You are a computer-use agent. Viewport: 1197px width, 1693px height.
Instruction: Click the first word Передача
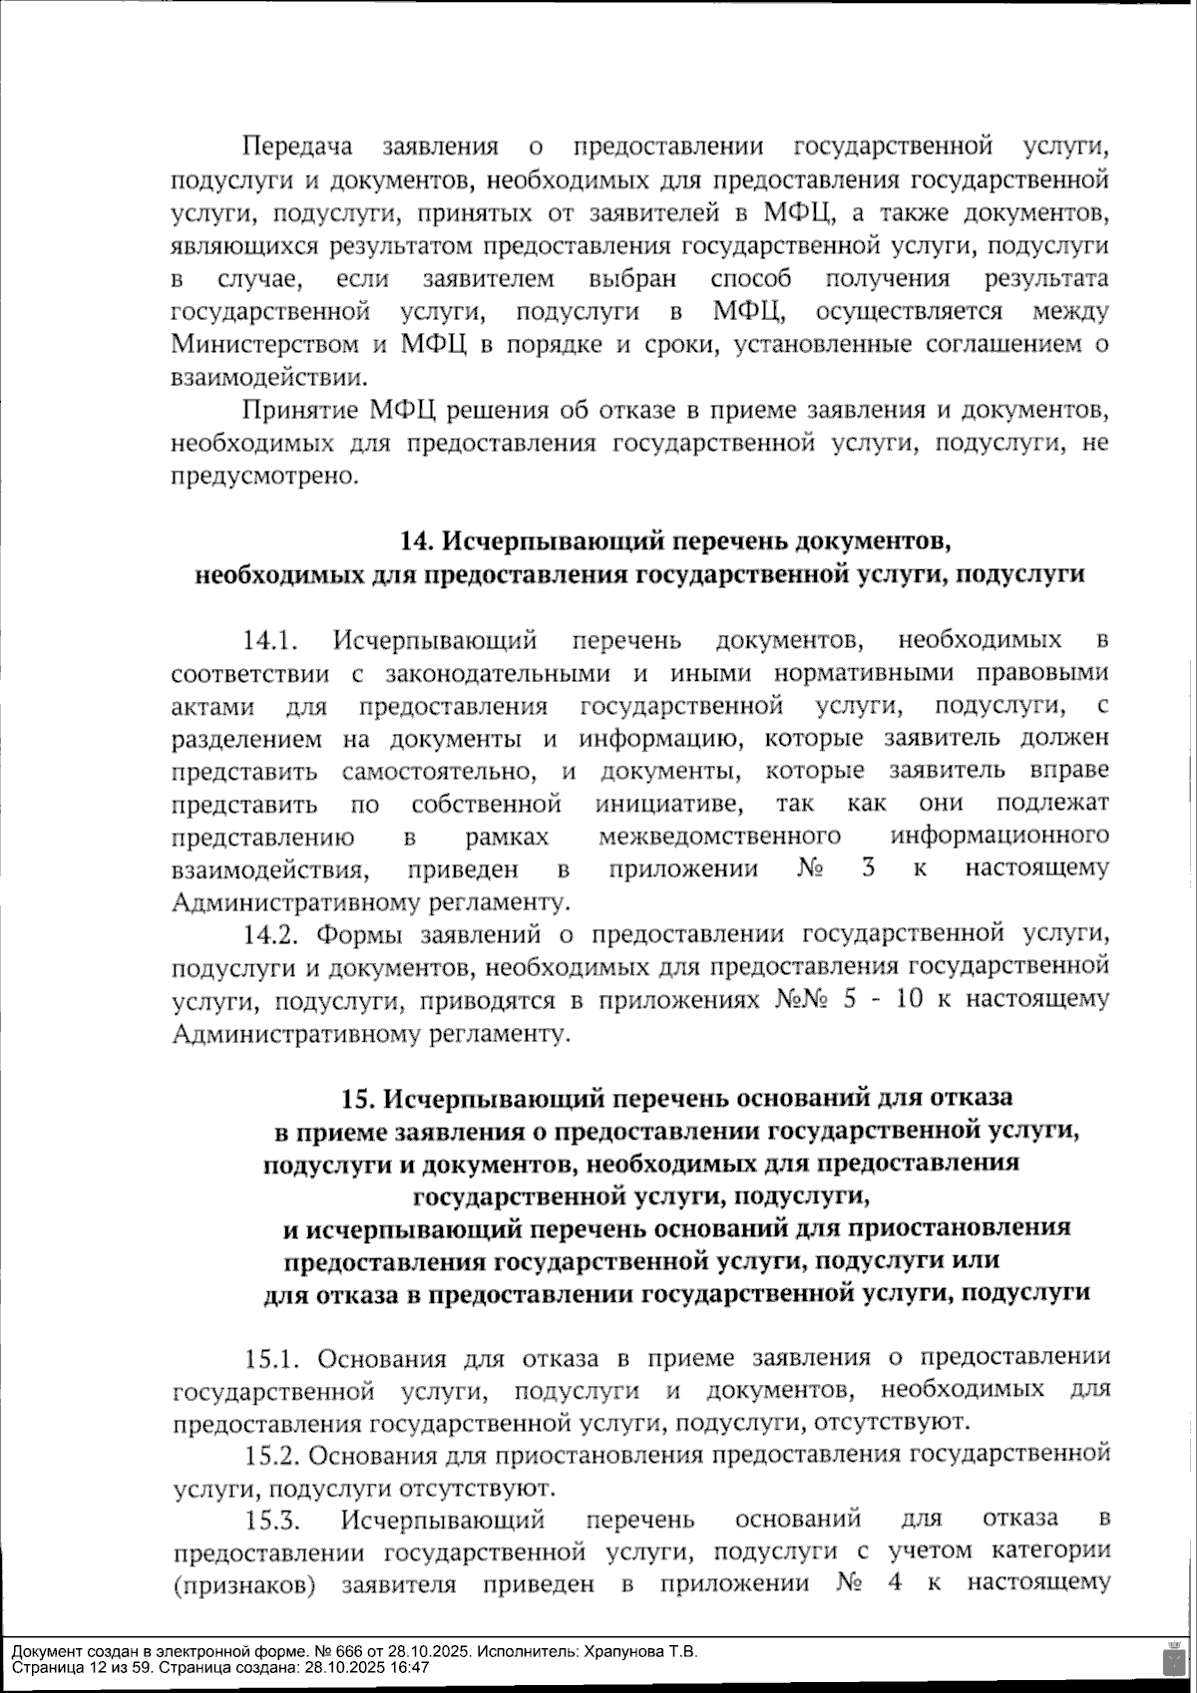coord(298,148)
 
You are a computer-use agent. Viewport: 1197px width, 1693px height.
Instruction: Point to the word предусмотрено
coord(264,477)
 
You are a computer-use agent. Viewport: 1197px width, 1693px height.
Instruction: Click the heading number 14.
coord(415,541)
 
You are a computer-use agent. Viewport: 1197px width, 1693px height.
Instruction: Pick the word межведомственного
coord(719,836)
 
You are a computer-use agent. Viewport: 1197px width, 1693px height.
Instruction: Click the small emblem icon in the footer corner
coord(1173,1658)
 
